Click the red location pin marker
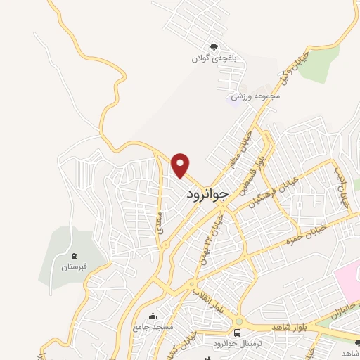(x=181, y=165)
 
